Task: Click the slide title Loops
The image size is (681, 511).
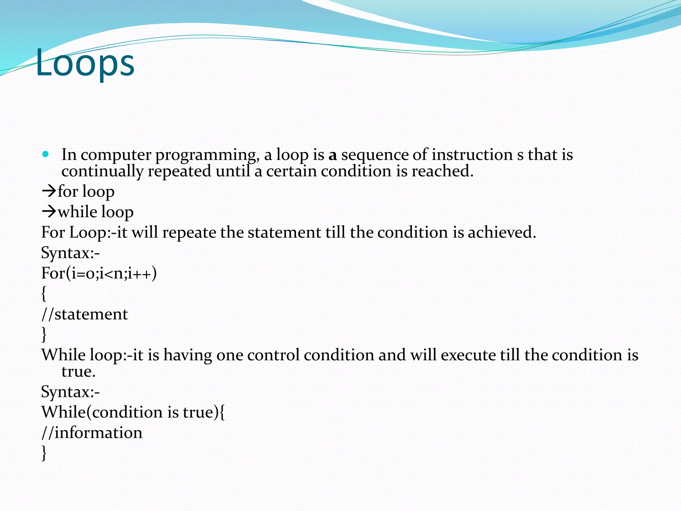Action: [x=85, y=63]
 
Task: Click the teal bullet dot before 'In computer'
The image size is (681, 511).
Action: [x=46, y=154]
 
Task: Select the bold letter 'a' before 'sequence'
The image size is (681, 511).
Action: [x=333, y=155]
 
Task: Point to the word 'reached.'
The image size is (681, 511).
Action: [x=442, y=171]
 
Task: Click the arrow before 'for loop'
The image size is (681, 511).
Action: [x=49, y=191]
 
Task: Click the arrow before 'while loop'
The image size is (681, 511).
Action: [x=49, y=212]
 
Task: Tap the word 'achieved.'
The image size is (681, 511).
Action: [x=502, y=232]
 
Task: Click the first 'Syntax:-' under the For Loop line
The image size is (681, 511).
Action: [x=70, y=253]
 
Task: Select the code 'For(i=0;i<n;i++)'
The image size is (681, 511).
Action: [x=99, y=273]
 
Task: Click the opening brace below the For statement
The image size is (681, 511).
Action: [x=44, y=294]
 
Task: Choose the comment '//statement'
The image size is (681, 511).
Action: [x=84, y=314]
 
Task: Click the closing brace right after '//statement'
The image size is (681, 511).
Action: [x=44, y=334]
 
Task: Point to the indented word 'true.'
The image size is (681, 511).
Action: [x=78, y=372]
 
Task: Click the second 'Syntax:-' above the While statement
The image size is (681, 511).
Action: [x=70, y=392]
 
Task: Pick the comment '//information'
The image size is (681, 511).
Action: [x=92, y=433]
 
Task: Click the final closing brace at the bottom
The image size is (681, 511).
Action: [x=44, y=453]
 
